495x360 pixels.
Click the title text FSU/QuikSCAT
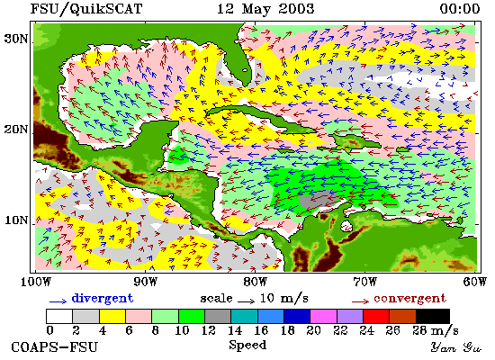(86, 9)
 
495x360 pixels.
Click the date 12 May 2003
(265, 8)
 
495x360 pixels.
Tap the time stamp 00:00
(460, 8)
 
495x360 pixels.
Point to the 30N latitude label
(16, 39)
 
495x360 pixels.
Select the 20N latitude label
(16, 129)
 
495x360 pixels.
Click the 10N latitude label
(16, 220)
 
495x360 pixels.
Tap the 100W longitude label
(36, 282)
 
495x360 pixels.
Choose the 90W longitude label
(145, 282)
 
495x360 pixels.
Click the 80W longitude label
(255, 282)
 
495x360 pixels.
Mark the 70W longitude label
(364, 282)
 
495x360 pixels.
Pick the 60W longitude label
(475, 282)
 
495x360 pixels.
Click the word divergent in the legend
(103, 299)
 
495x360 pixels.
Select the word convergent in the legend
(410, 299)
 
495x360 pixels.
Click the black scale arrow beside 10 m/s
(247, 301)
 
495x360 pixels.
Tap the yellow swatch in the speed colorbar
(112, 316)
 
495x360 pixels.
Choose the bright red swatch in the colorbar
(376, 316)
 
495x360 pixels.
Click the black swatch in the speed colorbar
(433, 316)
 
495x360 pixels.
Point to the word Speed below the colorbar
(247, 346)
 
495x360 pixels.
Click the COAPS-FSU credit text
(55, 347)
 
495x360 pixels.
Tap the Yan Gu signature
(456, 347)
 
